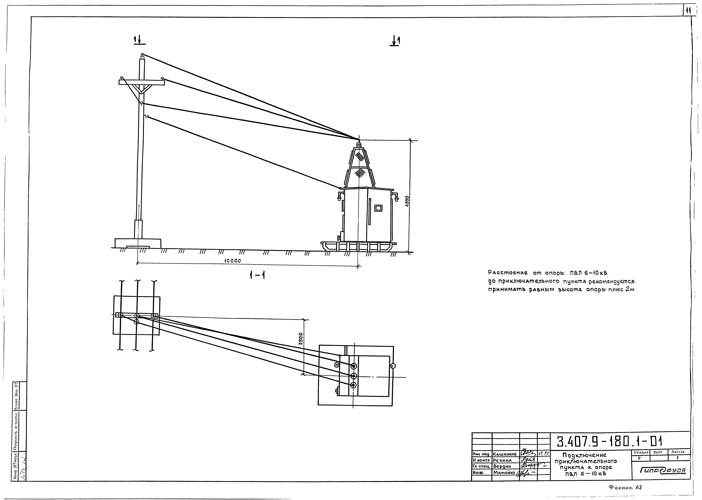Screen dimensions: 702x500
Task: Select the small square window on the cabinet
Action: (378, 208)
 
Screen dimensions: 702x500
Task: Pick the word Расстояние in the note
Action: (508, 273)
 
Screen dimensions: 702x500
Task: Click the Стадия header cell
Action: (640, 452)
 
